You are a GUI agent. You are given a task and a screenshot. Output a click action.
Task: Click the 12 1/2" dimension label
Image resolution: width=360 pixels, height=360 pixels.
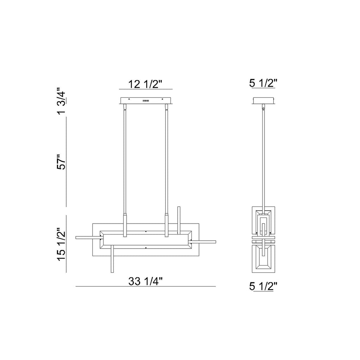coord(145,84)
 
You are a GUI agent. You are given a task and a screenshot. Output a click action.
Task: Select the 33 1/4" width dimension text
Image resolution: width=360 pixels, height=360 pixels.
coord(146,281)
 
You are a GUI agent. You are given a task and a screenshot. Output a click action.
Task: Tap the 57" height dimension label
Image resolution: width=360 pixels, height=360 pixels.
coord(61,162)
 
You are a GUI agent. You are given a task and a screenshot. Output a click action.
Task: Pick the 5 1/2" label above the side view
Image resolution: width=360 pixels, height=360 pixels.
coord(263,83)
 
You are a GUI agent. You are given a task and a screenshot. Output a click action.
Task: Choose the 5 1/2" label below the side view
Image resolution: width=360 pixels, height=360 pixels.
coord(263,286)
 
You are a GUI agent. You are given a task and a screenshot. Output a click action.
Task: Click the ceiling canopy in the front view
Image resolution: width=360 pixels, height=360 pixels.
coord(146,101)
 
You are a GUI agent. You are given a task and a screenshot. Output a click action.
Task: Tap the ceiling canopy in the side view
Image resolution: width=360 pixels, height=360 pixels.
coord(264,101)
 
